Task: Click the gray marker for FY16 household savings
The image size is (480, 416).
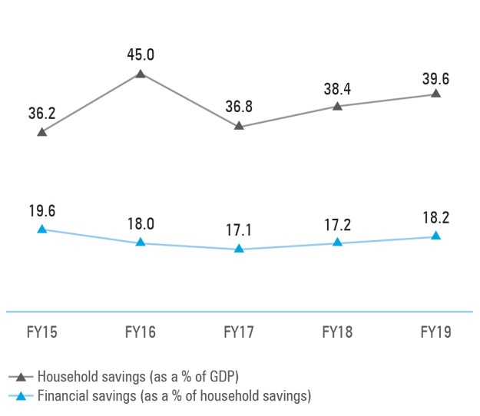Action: (x=141, y=74)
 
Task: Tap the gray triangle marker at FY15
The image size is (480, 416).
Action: (x=42, y=132)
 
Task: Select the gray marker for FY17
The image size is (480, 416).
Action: (x=239, y=125)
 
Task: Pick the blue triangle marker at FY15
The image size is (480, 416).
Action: (x=42, y=229)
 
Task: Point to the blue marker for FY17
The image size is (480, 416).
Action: (x=239, y=249)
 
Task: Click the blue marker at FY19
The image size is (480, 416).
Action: (x=435, y=236)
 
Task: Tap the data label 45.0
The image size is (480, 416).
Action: (x=141, y=54)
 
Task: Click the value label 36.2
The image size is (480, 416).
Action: (x=42, y=113)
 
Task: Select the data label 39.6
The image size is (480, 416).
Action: (x=435, y=75)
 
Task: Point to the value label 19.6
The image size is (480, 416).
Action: (x=42, y=210)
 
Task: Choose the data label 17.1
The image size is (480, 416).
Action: (x=239, y=230)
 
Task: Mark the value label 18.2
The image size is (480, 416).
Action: (x=435, y=217)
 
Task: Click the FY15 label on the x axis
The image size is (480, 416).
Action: (x=42, y=333)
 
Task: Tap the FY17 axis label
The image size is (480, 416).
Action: (x=239, y=333)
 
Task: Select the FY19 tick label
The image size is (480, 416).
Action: (x=435, y=333)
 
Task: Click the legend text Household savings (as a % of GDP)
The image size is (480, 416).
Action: (x=139, y=377)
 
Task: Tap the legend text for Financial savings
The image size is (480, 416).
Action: (x=174, y=396)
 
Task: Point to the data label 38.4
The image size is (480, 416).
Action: (x=337, y=87)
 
